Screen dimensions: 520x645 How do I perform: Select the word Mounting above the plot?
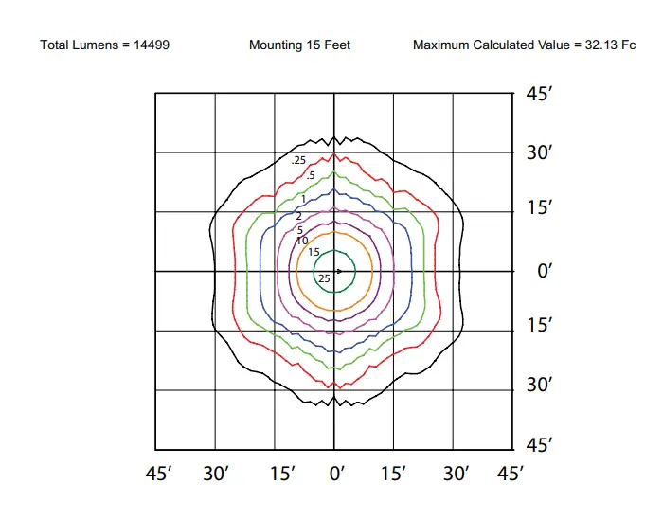pyautogui.click(x=274, y=45)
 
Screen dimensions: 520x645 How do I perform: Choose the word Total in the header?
pyautogui.click(x=55, y=45)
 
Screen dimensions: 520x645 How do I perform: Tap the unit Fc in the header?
pyautogui.click(x=628, y=45)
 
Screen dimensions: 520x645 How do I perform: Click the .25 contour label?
pyautogui.click(x=299, y=161)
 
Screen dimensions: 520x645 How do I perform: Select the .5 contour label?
pyautogui.click(x=310, y=175)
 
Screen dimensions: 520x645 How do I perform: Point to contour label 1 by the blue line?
pyautogui.click(x=303, y=199)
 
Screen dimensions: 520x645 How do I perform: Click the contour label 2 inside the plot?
pyautogui.click(x=298, y=217)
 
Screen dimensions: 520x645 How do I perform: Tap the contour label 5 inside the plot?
pyautogui.click(x=300, y=230)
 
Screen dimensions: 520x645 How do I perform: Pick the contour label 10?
pyautogui.click(x=302, y=242)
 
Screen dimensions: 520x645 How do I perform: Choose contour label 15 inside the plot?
pyautogui.click(x=314, y=252)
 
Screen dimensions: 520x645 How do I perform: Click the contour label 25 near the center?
pyautogui.click(x=324, y=278)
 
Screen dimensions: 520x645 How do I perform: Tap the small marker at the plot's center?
pyautogui.click(x=338, y=272)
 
